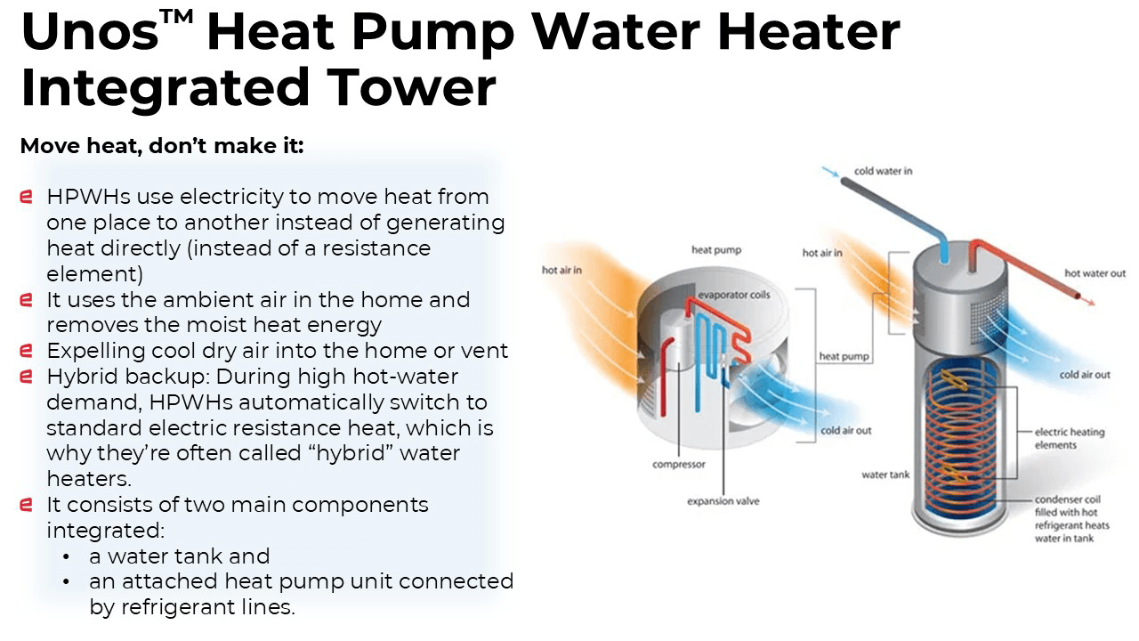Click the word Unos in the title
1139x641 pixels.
click(x=90, y=31)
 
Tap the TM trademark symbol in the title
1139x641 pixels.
click(x=176, y=17)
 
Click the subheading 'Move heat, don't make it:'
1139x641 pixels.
click(x=162, y=146)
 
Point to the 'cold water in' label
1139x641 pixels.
click(x=884, y=171)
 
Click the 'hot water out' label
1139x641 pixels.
click(x=1095, y=273)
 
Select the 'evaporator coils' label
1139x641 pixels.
click(x=734, y=295)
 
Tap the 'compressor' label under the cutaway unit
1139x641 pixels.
click(x=679, y=465)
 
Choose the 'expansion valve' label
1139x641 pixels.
click(x=723, y=501)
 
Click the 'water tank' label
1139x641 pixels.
click(x=885, y=475)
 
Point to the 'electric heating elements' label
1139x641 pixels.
click(x=1070, y=439)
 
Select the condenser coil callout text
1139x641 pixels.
click(x=1072, y=519)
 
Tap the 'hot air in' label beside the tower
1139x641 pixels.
click(x=822, y=253)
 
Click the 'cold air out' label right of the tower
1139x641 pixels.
click(x=1085, y=375)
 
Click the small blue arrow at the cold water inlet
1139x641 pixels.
click(x=830, y=173)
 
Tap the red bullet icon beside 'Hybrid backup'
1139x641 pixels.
click(x=26, y=377)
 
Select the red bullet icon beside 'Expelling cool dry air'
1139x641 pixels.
click(x=26, y=351)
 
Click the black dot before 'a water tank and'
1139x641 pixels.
click(x=66, y=557)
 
